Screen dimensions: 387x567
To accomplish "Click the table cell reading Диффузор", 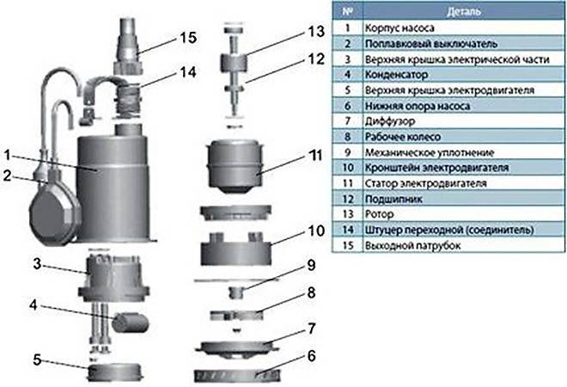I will [387, 120].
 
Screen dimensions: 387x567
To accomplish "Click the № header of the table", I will [347, 12].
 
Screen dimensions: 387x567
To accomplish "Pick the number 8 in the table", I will [347, 137].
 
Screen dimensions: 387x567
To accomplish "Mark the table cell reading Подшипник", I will [393, 199].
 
